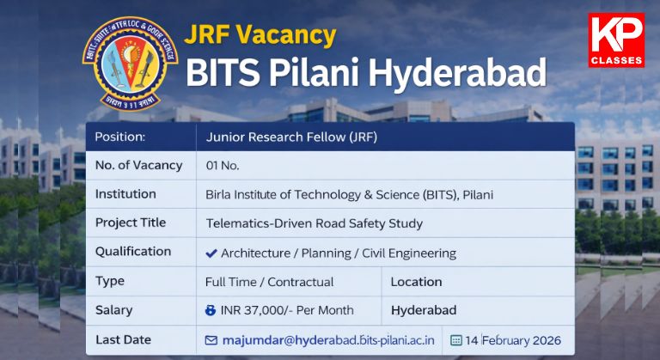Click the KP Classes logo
(615, 40)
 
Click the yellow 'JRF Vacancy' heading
(260, 35)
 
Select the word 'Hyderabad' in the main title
(456, 73)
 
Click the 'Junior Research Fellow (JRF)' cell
(291, 137)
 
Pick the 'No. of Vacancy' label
(138, 165)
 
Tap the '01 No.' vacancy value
(223, 165)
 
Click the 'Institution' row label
(125, 194)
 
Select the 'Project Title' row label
(131, 223)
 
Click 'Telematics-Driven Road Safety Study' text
(315, 223)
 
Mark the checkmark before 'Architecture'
(211, 253)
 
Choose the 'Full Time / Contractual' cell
(269, 282)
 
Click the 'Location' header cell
(416, 282)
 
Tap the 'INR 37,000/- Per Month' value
(287, 310)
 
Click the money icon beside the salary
(211, 310)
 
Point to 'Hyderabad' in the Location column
(424, 310)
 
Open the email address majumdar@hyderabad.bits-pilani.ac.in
(328, 340)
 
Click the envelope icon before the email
(211, 340)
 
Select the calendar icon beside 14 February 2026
(455, 340)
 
